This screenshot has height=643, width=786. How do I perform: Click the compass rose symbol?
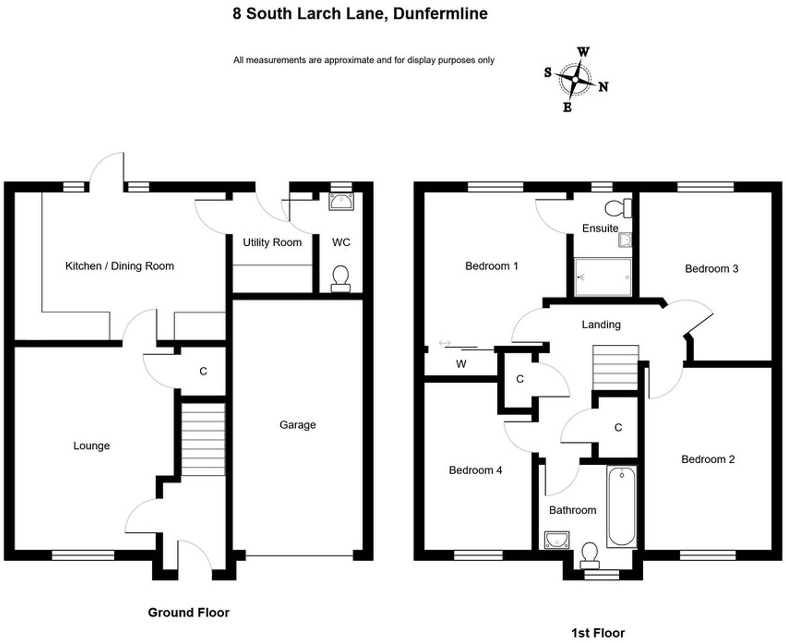tap(575, 79)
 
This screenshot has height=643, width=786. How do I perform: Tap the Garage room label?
tap(297, 425)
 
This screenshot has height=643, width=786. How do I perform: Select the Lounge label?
tap(91, 445)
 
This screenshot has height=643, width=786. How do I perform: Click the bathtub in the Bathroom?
tap(622, 506)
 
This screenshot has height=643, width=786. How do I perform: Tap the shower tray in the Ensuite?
tap(603, 277)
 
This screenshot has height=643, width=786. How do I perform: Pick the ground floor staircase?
tap(203, 439)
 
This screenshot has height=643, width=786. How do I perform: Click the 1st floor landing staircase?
tap(615, 367)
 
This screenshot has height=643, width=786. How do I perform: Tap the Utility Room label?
tap(272, 243)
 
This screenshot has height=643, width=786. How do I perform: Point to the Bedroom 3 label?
tap(711, 269)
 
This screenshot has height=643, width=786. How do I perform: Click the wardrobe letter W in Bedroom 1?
tap(461, 364)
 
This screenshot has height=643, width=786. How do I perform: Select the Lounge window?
tap(83, 555)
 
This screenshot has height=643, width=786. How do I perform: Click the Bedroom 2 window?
tap(708, 555)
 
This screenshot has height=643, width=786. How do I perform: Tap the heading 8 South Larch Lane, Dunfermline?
tap(360, 13)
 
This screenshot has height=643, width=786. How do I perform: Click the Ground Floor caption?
tap(188, 612)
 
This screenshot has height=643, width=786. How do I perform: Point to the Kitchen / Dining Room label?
tap(120, 266)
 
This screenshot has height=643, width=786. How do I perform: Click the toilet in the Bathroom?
tap(589, 556)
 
